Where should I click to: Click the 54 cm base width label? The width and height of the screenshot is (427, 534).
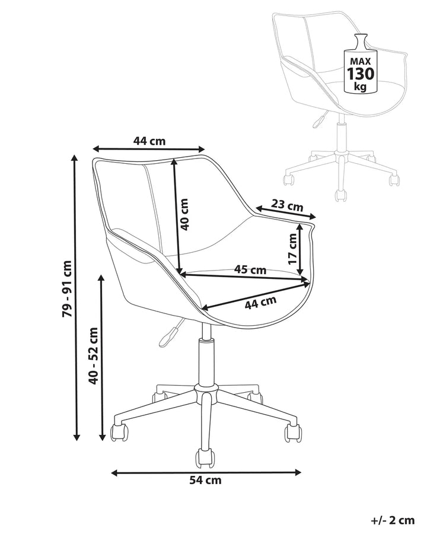pos(205,480)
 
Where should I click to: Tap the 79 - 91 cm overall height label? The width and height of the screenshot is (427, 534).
pos(67,289)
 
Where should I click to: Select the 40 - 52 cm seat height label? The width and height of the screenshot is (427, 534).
pos(93,355)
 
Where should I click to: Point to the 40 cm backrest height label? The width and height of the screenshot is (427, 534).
pos(184,215)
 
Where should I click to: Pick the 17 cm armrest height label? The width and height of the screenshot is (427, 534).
pos(292,249)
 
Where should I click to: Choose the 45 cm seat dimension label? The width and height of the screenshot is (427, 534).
pos(250,270)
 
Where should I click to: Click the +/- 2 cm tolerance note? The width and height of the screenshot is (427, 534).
pos(393,520)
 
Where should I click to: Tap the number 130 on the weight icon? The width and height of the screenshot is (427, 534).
pos(360,74)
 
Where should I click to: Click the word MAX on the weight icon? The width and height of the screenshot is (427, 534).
pos(361,62)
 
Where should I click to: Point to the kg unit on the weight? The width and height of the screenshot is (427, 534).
pos(360,87)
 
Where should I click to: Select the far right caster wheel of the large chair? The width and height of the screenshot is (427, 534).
pos(293,433)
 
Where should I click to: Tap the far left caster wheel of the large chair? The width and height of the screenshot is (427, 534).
pos(120,432)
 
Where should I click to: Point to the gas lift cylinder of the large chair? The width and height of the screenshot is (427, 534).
pos(205,361)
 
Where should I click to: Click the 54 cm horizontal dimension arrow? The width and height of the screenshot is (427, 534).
pos(206,472)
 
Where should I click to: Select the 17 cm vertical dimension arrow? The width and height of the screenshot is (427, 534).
pos(299,249)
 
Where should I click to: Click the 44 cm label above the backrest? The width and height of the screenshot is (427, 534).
pos(149,141)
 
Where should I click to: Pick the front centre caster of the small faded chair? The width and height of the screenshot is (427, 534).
pos(341,195)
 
